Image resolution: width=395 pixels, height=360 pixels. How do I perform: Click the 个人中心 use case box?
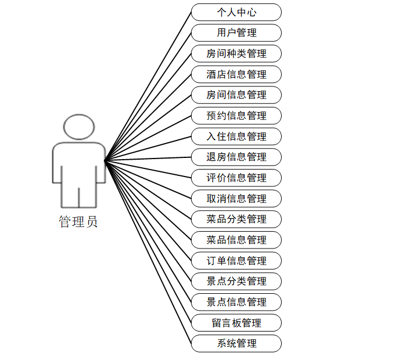(236, 12)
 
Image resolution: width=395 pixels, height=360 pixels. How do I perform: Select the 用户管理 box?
(236, 33)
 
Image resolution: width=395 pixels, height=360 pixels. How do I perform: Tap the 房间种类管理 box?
(236, 53)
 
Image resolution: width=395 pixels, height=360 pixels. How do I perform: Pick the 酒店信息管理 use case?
(236, 74)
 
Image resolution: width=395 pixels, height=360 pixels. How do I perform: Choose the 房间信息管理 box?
(236, 95)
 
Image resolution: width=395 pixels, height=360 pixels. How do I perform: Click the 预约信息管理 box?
(236, 116)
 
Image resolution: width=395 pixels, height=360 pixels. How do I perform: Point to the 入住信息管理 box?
(236, 136)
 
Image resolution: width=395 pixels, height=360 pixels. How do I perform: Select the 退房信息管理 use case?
(236, 157)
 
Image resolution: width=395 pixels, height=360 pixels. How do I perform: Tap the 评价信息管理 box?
(236, 178)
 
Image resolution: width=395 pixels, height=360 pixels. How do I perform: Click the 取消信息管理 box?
(236, 199)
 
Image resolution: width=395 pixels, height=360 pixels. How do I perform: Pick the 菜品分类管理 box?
(236, 219)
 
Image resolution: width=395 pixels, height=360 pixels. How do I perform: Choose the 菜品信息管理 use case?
(236, 240)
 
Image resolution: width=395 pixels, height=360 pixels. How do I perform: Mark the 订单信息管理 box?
(236, 261)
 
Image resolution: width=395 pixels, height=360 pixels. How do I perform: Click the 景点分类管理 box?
(236, 281)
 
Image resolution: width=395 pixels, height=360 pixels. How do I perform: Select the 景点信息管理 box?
(236, 302)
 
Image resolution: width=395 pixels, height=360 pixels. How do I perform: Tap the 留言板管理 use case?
(236, 323)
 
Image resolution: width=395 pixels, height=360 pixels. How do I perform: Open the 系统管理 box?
(236, 343)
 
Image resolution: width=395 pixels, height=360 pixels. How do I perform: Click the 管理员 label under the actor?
(78, 222)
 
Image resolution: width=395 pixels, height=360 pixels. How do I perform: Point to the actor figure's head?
(79, 127)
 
